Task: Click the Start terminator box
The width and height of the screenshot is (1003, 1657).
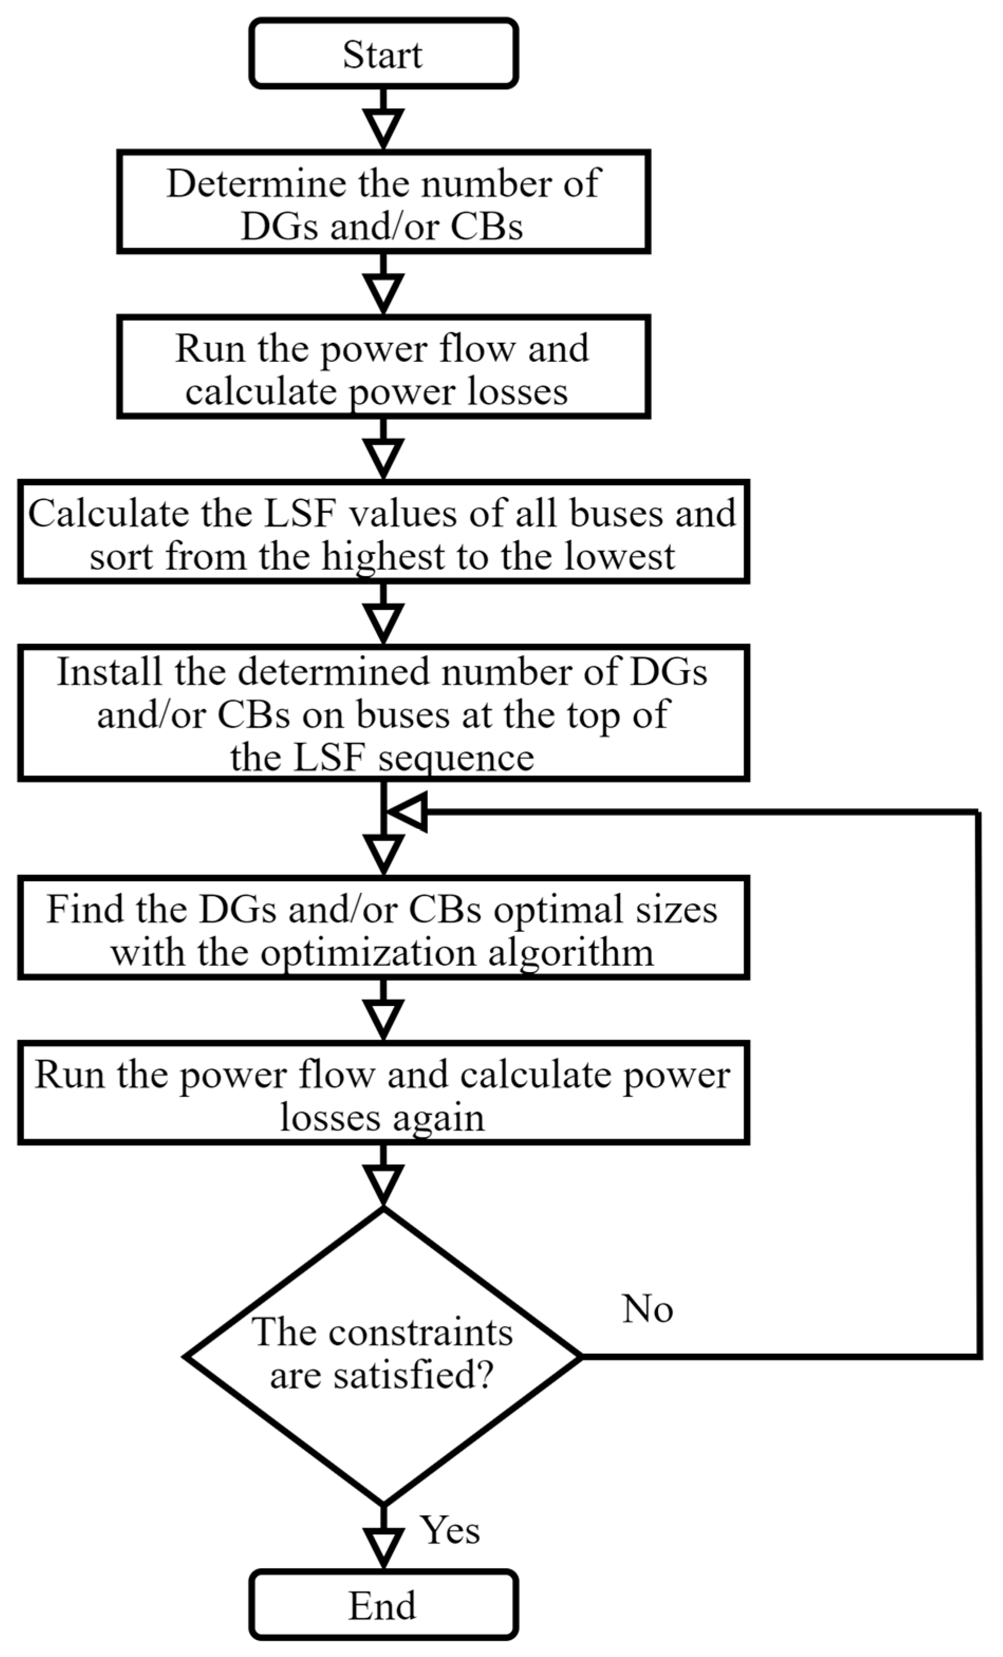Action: (x=383, y=54)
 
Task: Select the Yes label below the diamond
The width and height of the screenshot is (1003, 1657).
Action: (x=450, y=1531)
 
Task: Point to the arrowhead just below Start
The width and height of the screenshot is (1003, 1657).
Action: (x=383, y=128)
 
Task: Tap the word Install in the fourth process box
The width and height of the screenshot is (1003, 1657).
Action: (x=110, y=672)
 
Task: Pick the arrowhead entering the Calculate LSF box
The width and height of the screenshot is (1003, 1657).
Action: (x=383, y=457)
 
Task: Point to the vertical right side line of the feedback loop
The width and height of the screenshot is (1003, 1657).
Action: (x=978, y=1076)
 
